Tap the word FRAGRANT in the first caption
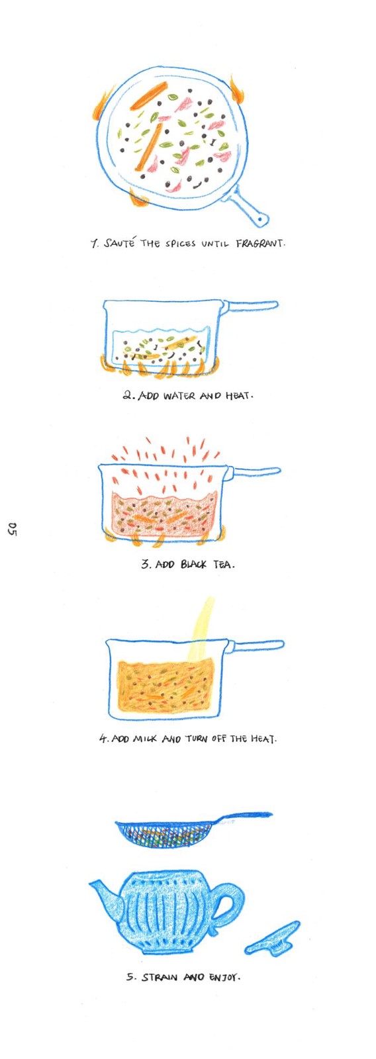pyautogui.click(x=261, y=244)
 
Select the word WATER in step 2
pyautogui.click(x=179, y=395)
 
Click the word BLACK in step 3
pyautogui.click(x=193, y=564)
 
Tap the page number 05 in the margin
pyautogui.click(x=13, y=529)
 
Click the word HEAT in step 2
pyautogui.click(x=237, y=395)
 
